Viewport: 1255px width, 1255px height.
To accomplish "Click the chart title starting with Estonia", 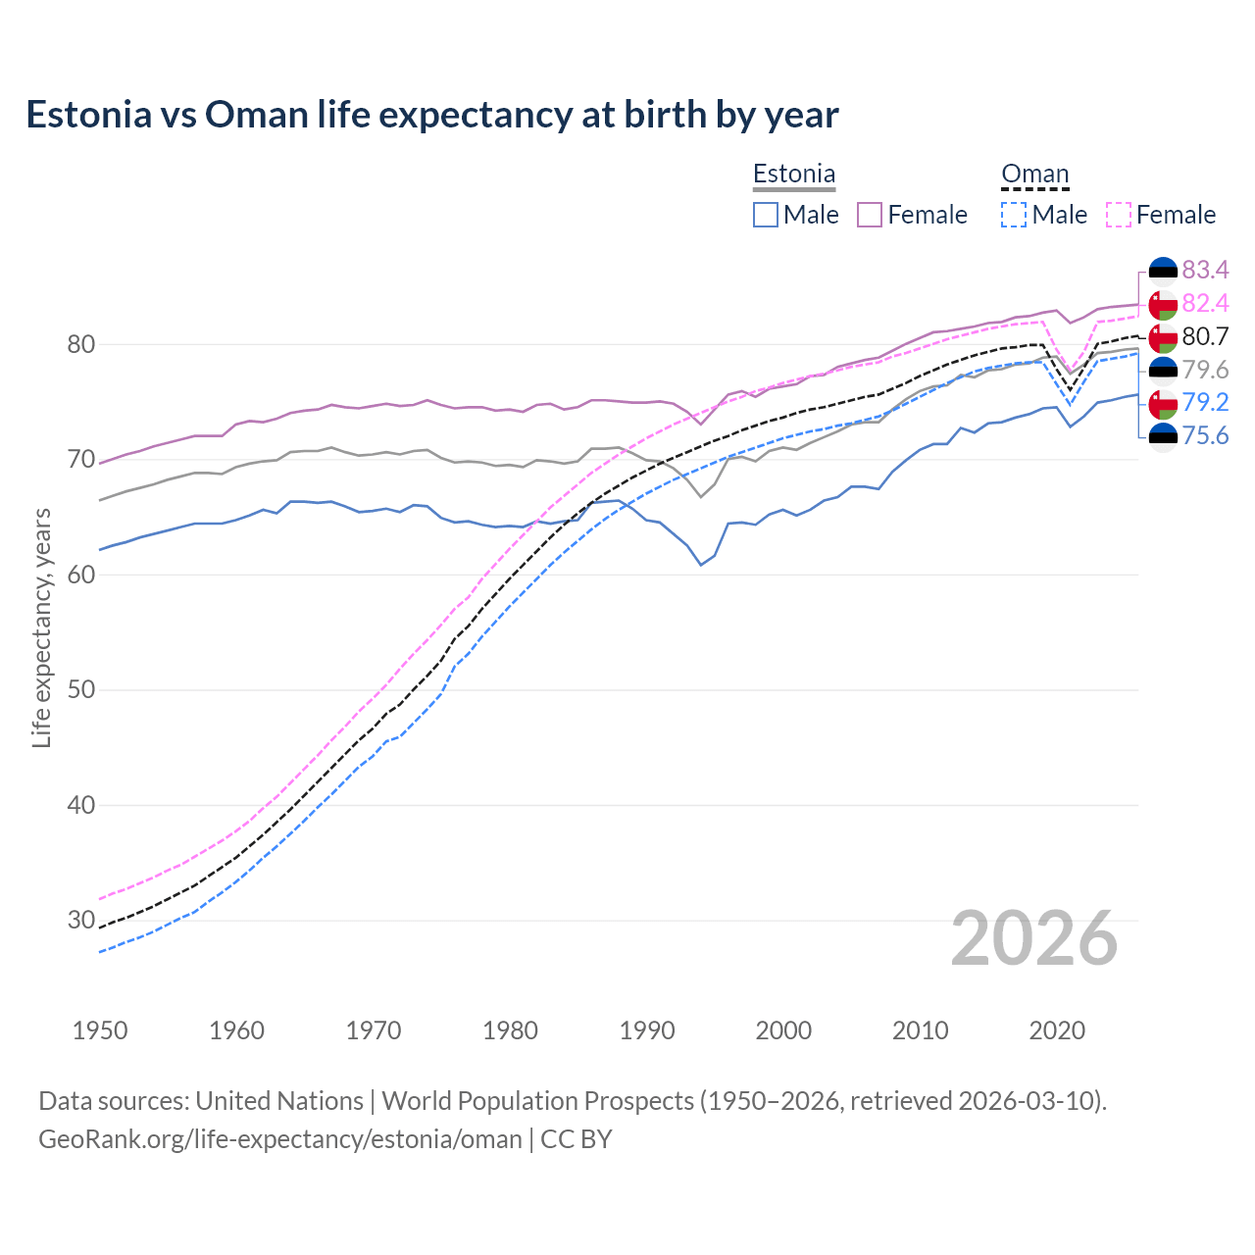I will click(432, 115).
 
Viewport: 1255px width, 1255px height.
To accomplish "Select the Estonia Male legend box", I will click(766, 215).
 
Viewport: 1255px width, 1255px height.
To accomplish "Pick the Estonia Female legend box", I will click(870, 215).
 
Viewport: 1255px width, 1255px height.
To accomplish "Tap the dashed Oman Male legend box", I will click(1014, 215).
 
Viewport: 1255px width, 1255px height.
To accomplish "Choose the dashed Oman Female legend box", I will click(1119, 215).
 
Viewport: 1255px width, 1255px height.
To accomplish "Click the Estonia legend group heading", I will click(794, 175).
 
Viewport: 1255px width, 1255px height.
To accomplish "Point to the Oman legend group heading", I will click(1034, 175).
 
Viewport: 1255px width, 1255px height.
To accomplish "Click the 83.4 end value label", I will click(1205, 270).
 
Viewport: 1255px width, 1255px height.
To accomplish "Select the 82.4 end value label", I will click(1205, 303).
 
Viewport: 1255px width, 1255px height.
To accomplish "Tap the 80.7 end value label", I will click(1205, 336).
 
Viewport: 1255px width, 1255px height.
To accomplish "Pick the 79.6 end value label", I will click(1205, 370).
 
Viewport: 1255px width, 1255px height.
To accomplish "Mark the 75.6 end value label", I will click(1205, 435).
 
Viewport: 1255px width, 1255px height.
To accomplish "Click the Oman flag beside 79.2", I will click(1163, 402).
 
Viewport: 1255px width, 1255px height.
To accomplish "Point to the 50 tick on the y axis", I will click(81, 689).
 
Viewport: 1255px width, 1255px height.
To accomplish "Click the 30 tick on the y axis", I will click(81, 920).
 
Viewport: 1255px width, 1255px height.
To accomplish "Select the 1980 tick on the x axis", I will click(510, 1030).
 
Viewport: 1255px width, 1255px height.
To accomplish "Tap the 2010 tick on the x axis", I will click(920, 1030).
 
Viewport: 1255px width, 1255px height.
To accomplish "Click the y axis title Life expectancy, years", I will click(41, 627).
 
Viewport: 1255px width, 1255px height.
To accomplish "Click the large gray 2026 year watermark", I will click(1034, 938).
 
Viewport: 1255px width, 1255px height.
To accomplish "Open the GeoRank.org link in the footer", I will click(280, 1139).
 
